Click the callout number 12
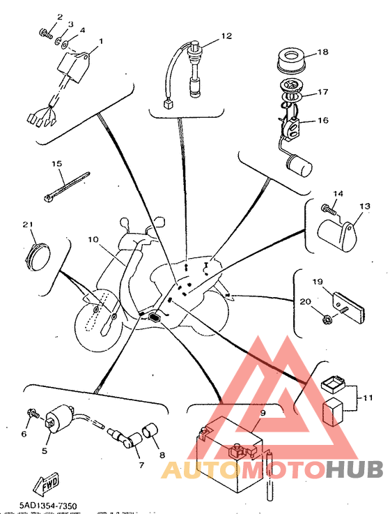[x=226, y=36]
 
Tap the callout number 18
[x=322, y=52]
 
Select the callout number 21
[x=28, y=225]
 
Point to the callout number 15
[x=57, y=163]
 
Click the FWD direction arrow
[x=46, y=483]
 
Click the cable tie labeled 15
[x=66, y=186]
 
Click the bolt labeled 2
[x=45, y=33]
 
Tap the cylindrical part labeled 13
[x=337, y=236]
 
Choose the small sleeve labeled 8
[x=149, y=432]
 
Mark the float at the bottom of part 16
[x=299, y=166]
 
